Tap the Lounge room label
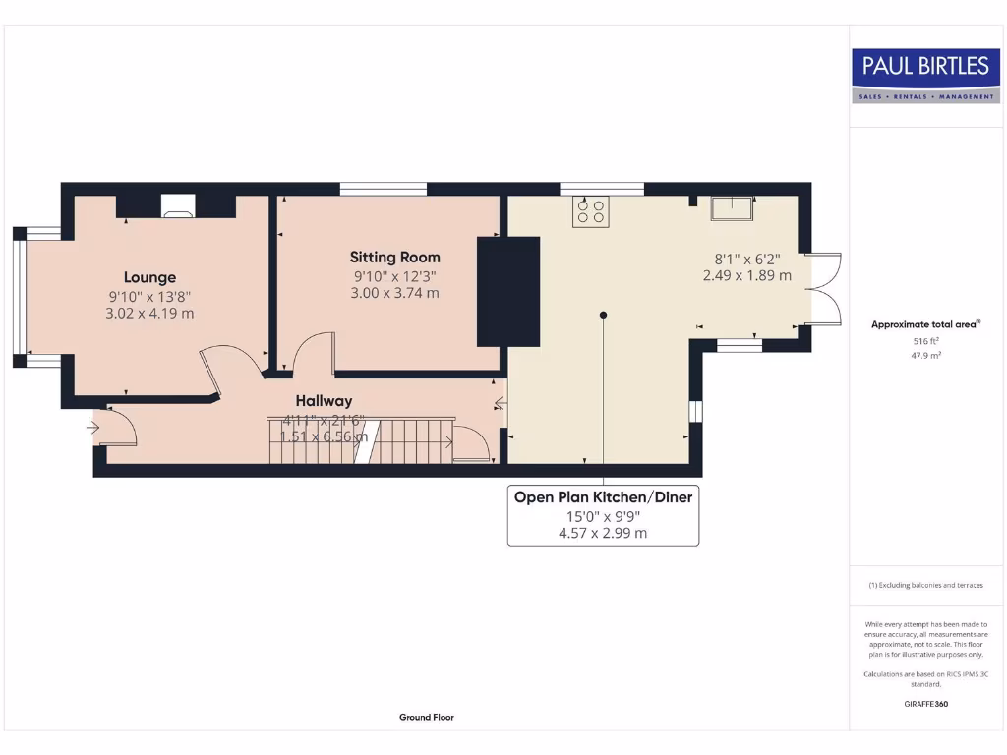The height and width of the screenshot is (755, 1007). tap(149, 277)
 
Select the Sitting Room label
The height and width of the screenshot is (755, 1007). tap(394, 258)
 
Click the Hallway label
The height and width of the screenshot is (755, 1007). tap(324, 400)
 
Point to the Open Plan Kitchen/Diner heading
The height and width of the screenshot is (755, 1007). tap(603, 497)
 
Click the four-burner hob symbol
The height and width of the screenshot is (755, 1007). tap(591, 210)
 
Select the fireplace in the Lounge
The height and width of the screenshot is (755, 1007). tap(178, 206)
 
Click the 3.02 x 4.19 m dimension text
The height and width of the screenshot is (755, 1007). tap(149, 314)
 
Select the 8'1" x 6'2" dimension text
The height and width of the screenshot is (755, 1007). tap(746, 260)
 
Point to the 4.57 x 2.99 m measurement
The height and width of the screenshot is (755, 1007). tap(603, 533)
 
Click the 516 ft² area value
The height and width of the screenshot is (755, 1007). tap(925, 342)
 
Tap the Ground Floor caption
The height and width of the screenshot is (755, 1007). tap(427, 718)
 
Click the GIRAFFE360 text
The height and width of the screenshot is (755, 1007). tap(925, 704)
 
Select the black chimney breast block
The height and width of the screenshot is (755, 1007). tap(508, 291)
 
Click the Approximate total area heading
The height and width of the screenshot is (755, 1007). tap(925, 323)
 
